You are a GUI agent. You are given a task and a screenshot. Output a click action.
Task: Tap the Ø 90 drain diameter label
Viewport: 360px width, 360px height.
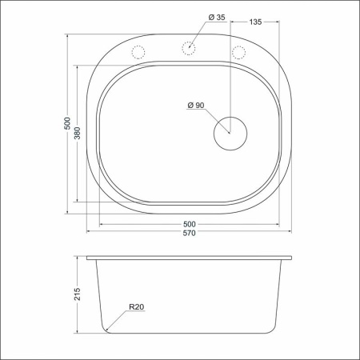click(196, 106)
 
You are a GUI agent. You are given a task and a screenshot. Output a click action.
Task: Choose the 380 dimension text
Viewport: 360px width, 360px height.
click(78, 134)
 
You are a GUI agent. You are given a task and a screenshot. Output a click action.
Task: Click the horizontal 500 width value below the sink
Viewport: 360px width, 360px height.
click(190, 223)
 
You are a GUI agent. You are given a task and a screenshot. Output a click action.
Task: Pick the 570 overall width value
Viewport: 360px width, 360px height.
click(190, 234)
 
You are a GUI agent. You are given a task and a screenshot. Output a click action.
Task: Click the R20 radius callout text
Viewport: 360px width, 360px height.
click(134, 306)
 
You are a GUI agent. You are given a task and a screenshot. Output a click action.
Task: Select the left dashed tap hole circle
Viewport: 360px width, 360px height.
click(138, 52)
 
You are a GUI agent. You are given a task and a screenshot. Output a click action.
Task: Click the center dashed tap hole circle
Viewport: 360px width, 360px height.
click(190, 48)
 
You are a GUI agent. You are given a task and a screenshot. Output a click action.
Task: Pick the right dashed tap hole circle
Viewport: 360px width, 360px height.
click(238, 52)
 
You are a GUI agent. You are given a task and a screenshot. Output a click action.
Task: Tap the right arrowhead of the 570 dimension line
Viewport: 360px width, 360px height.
click(290, 230)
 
